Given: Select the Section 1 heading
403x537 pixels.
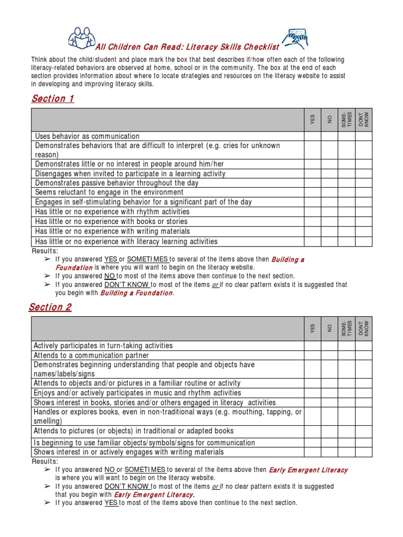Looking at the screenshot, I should click(52, 99).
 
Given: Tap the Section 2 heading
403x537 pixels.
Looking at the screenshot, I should click(50, 307).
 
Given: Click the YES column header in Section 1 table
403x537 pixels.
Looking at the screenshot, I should click(313, 120).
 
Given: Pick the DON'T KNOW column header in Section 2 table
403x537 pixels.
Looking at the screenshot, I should click(364, 328).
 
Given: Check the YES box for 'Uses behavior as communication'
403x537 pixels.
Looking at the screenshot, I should click(313, 136).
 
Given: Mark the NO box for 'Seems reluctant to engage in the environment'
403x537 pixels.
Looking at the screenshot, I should click(330, 192).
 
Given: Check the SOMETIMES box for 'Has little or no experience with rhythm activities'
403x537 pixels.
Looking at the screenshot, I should click(346, 212).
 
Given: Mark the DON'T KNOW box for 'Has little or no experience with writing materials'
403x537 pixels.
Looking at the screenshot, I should click(364, 231).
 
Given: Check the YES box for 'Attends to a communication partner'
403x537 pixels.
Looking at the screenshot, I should click(313, 355).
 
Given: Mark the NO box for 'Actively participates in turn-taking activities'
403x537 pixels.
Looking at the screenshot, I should click(330, 346).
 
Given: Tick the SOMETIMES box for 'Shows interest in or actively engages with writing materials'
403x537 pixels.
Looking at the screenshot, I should click(346, 452).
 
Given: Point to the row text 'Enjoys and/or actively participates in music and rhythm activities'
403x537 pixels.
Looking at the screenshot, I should click(137, 393).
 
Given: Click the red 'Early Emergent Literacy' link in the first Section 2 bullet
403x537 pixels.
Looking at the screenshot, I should click(308, 470).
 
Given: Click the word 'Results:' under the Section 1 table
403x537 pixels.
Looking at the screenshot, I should click(45, 251).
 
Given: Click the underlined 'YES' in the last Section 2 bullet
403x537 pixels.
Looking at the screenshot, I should click(111, 503).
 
